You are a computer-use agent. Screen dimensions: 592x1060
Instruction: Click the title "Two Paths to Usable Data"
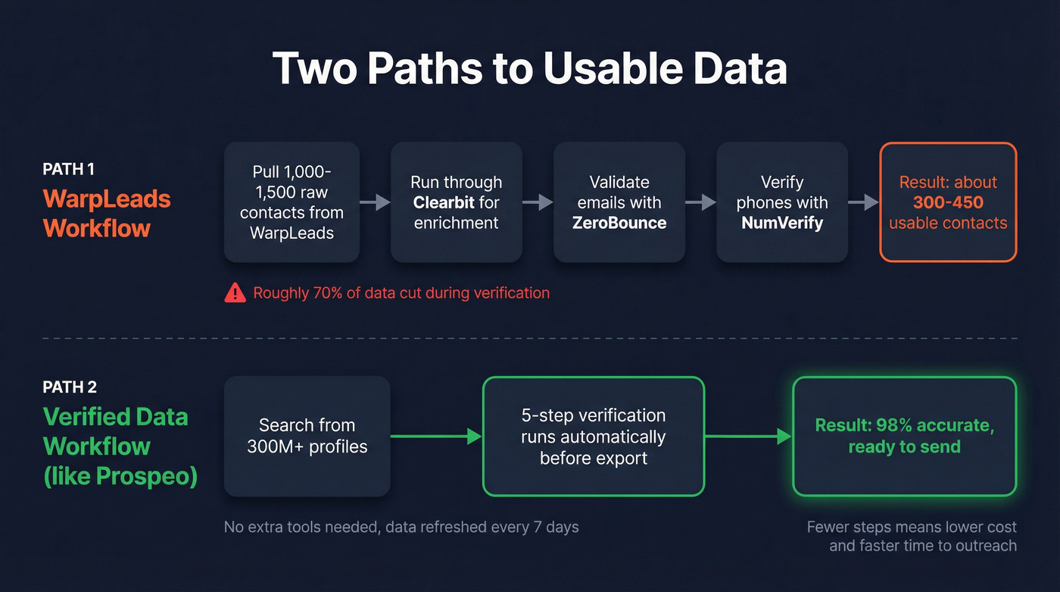[x=529, y=69]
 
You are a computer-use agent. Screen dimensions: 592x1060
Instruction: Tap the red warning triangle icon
[x=235, y=293]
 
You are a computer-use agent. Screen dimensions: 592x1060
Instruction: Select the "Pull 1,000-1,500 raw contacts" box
[x=291, y=202]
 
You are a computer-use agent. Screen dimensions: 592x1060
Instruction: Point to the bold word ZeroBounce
[x=619, y=223]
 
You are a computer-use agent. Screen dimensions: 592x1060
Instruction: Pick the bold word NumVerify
[x=782, y=223]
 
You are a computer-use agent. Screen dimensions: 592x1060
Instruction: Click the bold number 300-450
[x=948, y=202]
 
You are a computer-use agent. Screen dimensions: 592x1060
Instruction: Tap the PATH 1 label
[x=68, y=170]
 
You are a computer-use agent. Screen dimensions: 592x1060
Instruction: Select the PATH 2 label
[x=70, y=387]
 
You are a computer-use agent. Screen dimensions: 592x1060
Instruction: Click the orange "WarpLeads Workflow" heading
[x=107, y=213]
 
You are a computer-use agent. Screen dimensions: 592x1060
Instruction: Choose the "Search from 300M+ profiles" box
[x=307, y=436]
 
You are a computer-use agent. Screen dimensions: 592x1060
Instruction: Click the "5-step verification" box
[x=594, y=436]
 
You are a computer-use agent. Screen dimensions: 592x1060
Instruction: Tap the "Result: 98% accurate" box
[x=904, y=436]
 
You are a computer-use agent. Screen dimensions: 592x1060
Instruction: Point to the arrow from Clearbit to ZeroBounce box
[x=538, y=202]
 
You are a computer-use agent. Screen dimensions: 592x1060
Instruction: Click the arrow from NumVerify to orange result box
[x=863, y=202]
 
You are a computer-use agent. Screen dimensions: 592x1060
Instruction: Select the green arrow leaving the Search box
[x=436, y=436]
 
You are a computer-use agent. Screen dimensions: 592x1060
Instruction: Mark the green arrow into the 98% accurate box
[x=748, y=436]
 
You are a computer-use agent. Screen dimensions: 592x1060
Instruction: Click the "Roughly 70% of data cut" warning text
[x=401, y=293]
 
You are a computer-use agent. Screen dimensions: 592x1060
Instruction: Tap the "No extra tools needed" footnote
[x=401, y=527]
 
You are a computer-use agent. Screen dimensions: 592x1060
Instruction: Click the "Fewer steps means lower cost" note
[x=912, y=536]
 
